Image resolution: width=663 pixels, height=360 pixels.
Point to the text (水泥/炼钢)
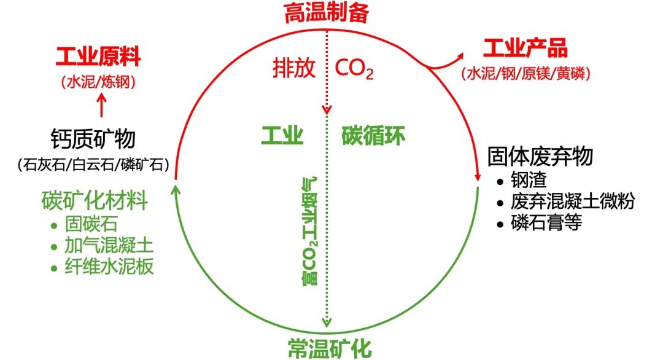pyautogui.click(x=98, y=82)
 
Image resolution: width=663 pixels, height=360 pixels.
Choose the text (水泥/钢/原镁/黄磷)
pyautogui.click(x=526, y=74)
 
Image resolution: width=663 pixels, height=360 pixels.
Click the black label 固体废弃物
pyautogui.click(x=540, y=156)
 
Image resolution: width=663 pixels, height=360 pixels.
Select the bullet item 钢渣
pyautogui.click(x=528, y=181)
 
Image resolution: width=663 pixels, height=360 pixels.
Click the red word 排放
pyautogui.click(x=294, y=68)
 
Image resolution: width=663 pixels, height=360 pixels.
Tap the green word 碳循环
pyautogui.click(x=373, y=135)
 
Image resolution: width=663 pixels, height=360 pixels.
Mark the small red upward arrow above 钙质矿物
pyautogui.click(x=102, y=106)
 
